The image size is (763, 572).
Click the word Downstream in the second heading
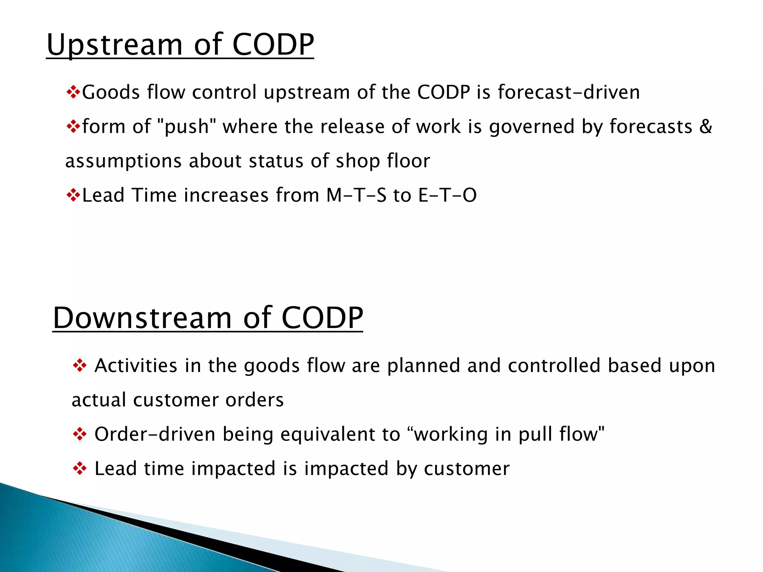pyautogui.click(x=142, y=318)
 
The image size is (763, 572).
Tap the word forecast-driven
pyautogui.click(x=569, y=92)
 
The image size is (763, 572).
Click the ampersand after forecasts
pyautogui.click(x=706, y=126)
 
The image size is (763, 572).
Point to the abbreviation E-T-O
pyautogui.click(x=447, y=195)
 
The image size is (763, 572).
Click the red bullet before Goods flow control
pyautogui.click(x=73, y=92)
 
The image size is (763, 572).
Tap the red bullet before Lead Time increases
pyautogui.click(x=73, y=195)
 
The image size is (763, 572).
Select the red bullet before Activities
pyautogui.click(x=80, y=365)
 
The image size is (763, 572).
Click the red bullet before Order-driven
pyautogui.click(x=80, y=434)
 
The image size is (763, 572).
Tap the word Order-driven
pyautogui.click(x=155, y=434)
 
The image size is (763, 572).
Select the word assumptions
pyautogui.click(x=123, y=161)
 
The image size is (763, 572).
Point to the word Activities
pyautogui.click(x=136, y=365)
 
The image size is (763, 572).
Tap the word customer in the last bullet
pyautogui.click(x=466, y=468)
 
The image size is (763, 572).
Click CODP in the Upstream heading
pyautogui.click(x=273, y=45)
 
